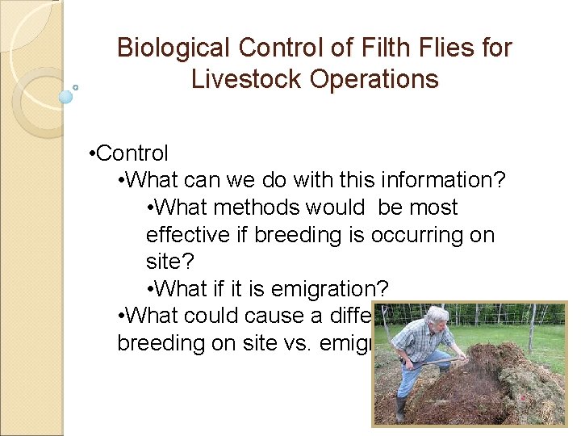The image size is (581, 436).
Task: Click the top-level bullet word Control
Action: coord(132,153)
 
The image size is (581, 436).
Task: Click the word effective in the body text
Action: coord(197,235)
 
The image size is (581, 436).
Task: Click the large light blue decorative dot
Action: coord(66,97)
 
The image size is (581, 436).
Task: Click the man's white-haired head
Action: coord(437,317)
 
